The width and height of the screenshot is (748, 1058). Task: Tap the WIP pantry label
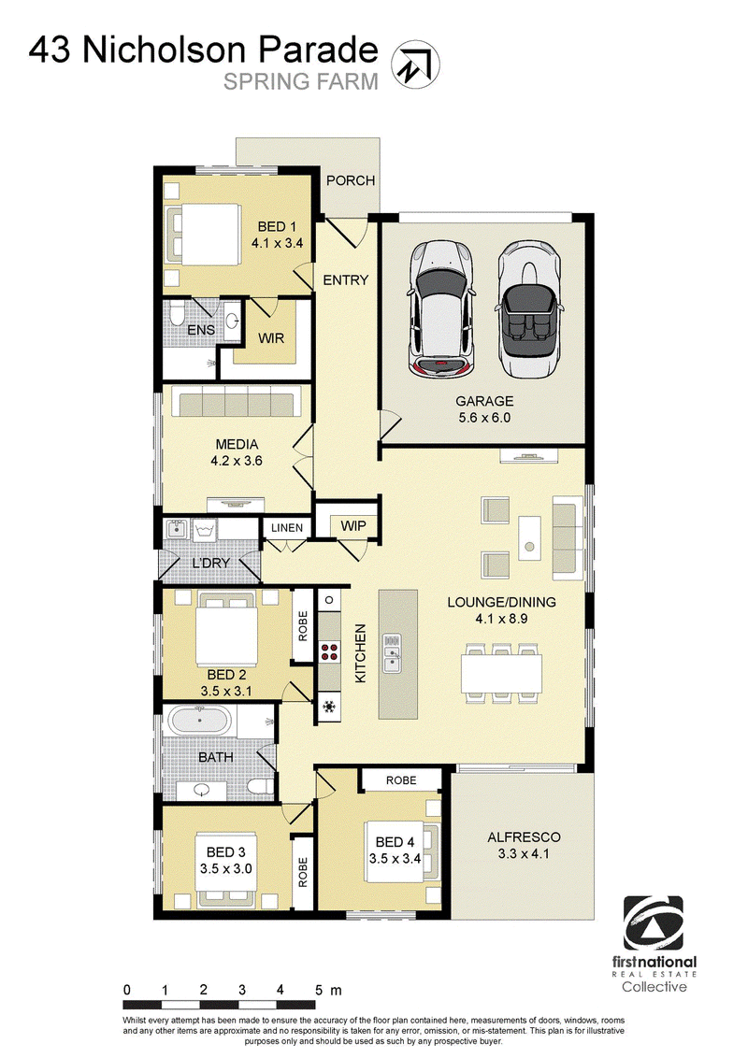pyautogui.click(x=352, y=526)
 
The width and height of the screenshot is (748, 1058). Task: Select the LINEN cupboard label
pyautogui.click(x=287, y=528)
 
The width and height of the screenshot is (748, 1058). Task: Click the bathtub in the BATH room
pyautogui.click(x=200, y=722)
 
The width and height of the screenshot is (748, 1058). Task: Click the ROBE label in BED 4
pyautogui.click(x=400, y=779)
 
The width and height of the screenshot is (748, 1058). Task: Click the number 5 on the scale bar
pyautogui.click(x=319, y=990)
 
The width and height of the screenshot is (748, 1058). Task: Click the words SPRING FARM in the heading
pyautogui.click(x=301, y=81)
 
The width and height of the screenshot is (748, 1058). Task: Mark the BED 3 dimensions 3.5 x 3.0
pyautogui.click(x=227, y=868)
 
